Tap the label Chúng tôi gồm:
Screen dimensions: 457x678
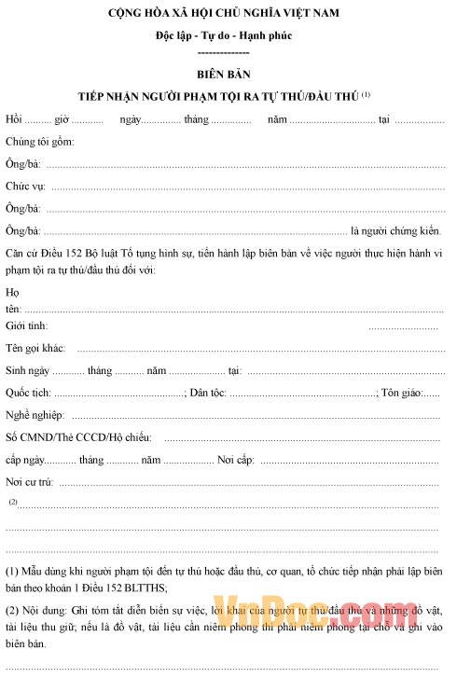coord(39,143)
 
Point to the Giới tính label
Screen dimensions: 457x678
coord(26,325)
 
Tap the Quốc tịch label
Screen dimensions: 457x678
coord(28,393)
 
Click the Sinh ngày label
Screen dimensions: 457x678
coord(27,370)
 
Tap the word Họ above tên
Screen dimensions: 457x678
coord(12,292)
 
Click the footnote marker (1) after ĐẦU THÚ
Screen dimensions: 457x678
coord(367,94)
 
